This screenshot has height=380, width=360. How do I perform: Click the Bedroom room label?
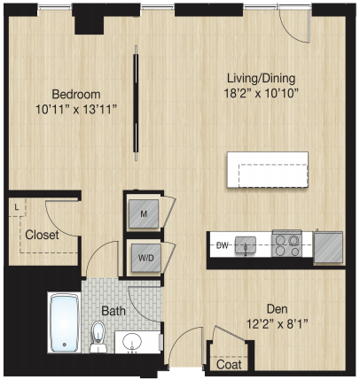[x=76, y=95]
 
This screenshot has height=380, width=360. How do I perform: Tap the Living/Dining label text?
[x=261, y=79]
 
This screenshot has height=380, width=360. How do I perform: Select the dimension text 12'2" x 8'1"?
[x=278, y=324]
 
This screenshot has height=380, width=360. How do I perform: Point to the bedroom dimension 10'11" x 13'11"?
[x=76, y=110]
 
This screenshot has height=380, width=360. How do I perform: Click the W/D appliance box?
[x=146, y=258]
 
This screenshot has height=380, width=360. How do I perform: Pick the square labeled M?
[x=144, y=213]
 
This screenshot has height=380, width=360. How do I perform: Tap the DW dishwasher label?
[x=223, y=245]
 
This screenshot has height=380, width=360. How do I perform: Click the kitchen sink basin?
[x=246, y=245]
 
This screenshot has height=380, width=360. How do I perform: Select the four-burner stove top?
[x=286, y=244]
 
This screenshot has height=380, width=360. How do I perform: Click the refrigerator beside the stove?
[x=328, y=247]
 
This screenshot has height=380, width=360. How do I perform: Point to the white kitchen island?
[x=268, y=169]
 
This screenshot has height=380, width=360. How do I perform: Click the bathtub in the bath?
[x=65, y=322]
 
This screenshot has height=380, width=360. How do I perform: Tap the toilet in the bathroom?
[x=98, y=337]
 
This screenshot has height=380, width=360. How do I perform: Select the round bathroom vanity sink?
[x=132, y=342]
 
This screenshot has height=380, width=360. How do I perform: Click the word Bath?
[x=113, y=311]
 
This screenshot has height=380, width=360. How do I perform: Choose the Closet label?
[x=42, y=235]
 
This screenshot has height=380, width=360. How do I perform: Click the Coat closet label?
[x=229, y=365]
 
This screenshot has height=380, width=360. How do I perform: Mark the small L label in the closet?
[x=17, y=207]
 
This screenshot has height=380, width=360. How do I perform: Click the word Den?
[x=278, y=309]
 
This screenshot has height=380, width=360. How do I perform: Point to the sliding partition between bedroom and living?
[x=136, y=103]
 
